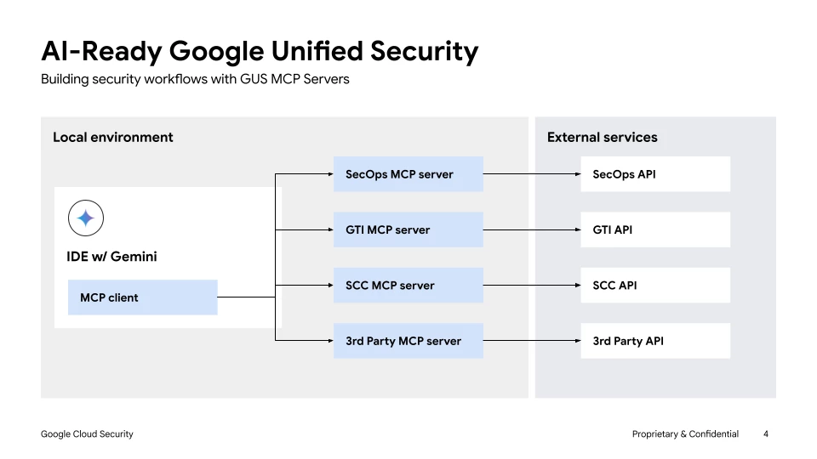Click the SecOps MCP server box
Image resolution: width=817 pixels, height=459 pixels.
pos(408,173)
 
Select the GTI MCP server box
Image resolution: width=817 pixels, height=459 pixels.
pos(408,229)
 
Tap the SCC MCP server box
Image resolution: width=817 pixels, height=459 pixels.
pos(408,286)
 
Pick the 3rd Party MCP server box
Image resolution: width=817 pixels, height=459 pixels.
pos(408,341)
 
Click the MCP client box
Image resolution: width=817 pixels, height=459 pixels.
pos(142,297)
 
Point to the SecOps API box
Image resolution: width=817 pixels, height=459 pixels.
pos(655,173)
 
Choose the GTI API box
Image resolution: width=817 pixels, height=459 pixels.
pos(655,229)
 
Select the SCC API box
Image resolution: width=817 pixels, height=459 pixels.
pos(655,286)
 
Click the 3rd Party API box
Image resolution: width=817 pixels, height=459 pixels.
pos(655,341)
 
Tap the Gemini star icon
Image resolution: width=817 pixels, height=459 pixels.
pos(86,218)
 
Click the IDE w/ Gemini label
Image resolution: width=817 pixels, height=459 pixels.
pos(111,257)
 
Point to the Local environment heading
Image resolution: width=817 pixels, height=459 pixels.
pos(113,137)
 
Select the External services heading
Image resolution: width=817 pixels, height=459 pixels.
pos(603,137)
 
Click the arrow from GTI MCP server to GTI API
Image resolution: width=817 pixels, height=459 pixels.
pos(532,229)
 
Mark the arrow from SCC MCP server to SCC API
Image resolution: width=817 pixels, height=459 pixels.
pos(532,286)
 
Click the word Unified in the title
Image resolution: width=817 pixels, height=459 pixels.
pos(317,51)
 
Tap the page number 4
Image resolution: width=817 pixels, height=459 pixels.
pos(766,434)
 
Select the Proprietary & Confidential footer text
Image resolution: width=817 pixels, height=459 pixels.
pos(685,434)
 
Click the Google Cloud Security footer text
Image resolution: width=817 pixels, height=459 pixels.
pos(87,434)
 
